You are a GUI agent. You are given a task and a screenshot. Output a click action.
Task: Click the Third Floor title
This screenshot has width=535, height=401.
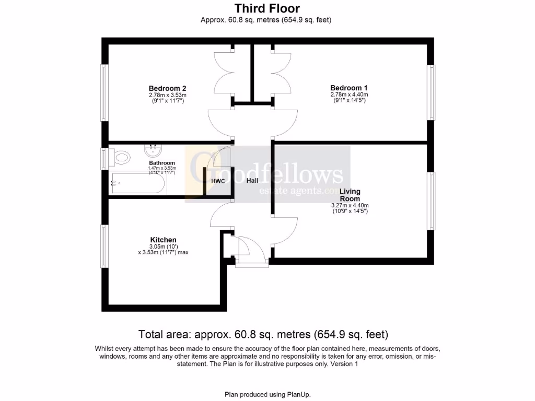pyautogui.click(x=267, y=8)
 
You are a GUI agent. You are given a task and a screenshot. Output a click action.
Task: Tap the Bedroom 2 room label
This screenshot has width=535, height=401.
pyautogui.click(x=167, y=88)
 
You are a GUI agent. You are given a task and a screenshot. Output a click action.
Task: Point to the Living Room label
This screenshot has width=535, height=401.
pyautogui.click(x=350, y=195)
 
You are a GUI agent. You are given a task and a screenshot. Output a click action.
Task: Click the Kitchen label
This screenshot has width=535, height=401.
pyautogui.click(x=163, y=240)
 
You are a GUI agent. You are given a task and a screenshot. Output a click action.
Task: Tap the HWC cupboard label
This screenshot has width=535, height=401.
pyautogui.click(x=218, y=181)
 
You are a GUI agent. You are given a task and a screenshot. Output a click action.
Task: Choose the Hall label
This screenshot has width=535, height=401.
pyautogui.click(x=253, y=181)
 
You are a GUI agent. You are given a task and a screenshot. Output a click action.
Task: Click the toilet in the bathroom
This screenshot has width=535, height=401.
pyautogui.click(x=121, y=156)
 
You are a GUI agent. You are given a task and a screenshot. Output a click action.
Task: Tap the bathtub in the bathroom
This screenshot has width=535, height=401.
pyautogui.click(x=138, y=183)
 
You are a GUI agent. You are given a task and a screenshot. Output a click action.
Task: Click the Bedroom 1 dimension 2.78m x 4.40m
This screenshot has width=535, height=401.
pyautogui.click(x=349, y=95)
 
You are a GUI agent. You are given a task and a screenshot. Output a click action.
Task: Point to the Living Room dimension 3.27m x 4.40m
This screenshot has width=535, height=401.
pyautogui.click(x=350, y=206)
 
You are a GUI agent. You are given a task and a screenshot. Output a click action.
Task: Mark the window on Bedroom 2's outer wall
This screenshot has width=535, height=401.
pyautogui.click(x=104, y=93)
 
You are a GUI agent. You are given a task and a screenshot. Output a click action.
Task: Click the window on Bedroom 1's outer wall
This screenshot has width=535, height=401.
pyautogui.click(x=431, y=93)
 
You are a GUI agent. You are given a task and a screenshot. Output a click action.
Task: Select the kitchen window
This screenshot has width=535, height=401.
pyautogui.click(x=104, y=246)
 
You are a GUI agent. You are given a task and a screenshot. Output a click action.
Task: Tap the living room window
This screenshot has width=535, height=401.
pyautogui.click(x=431, y=201)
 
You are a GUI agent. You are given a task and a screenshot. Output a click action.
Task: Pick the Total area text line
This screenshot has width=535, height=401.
pyautogui.click(x=263, y=334)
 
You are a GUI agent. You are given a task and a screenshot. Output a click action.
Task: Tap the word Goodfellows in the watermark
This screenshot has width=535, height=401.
pyautogui.click(x=266, y=173)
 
